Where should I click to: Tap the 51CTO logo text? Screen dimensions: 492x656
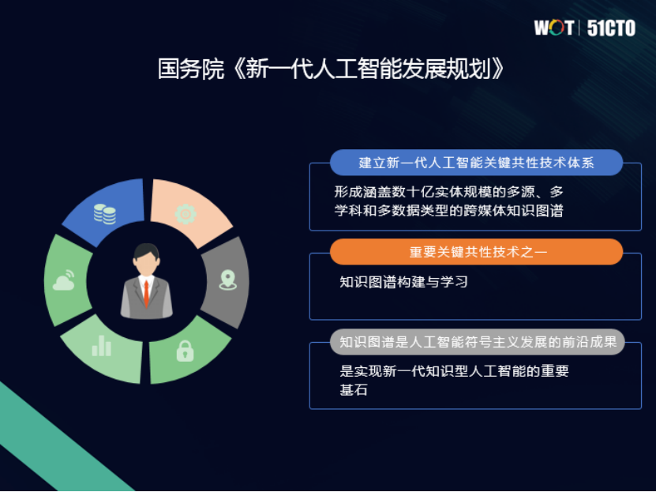click(612, 28)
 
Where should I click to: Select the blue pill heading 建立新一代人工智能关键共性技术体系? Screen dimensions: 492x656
click(476, 163)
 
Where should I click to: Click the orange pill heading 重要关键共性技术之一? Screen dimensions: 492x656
click(476, 252)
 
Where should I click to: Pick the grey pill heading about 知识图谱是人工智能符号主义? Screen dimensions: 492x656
click(476, 342)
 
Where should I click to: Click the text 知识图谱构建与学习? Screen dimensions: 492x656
click(403, 282)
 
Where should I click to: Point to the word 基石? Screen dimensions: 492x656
click(354, 390)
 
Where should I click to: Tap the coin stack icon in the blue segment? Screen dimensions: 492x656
click(104, 213)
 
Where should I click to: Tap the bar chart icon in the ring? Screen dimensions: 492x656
click(102, 345)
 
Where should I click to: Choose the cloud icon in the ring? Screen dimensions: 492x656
click(64, 280)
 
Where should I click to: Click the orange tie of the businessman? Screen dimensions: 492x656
click(146, 291)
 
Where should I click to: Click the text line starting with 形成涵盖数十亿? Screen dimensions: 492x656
click(448, 192)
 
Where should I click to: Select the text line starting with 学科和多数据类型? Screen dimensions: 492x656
click(448, 211)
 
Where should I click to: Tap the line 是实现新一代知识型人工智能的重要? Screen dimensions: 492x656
click(454, 371)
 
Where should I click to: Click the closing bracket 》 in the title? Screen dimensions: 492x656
click(497, 69)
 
